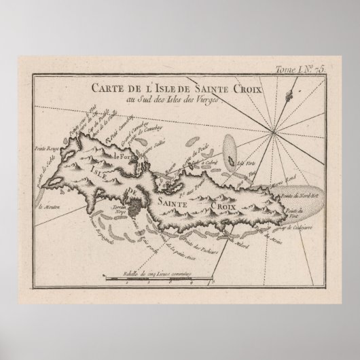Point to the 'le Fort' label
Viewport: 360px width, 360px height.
pyautogui.click(x=122, y=157)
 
